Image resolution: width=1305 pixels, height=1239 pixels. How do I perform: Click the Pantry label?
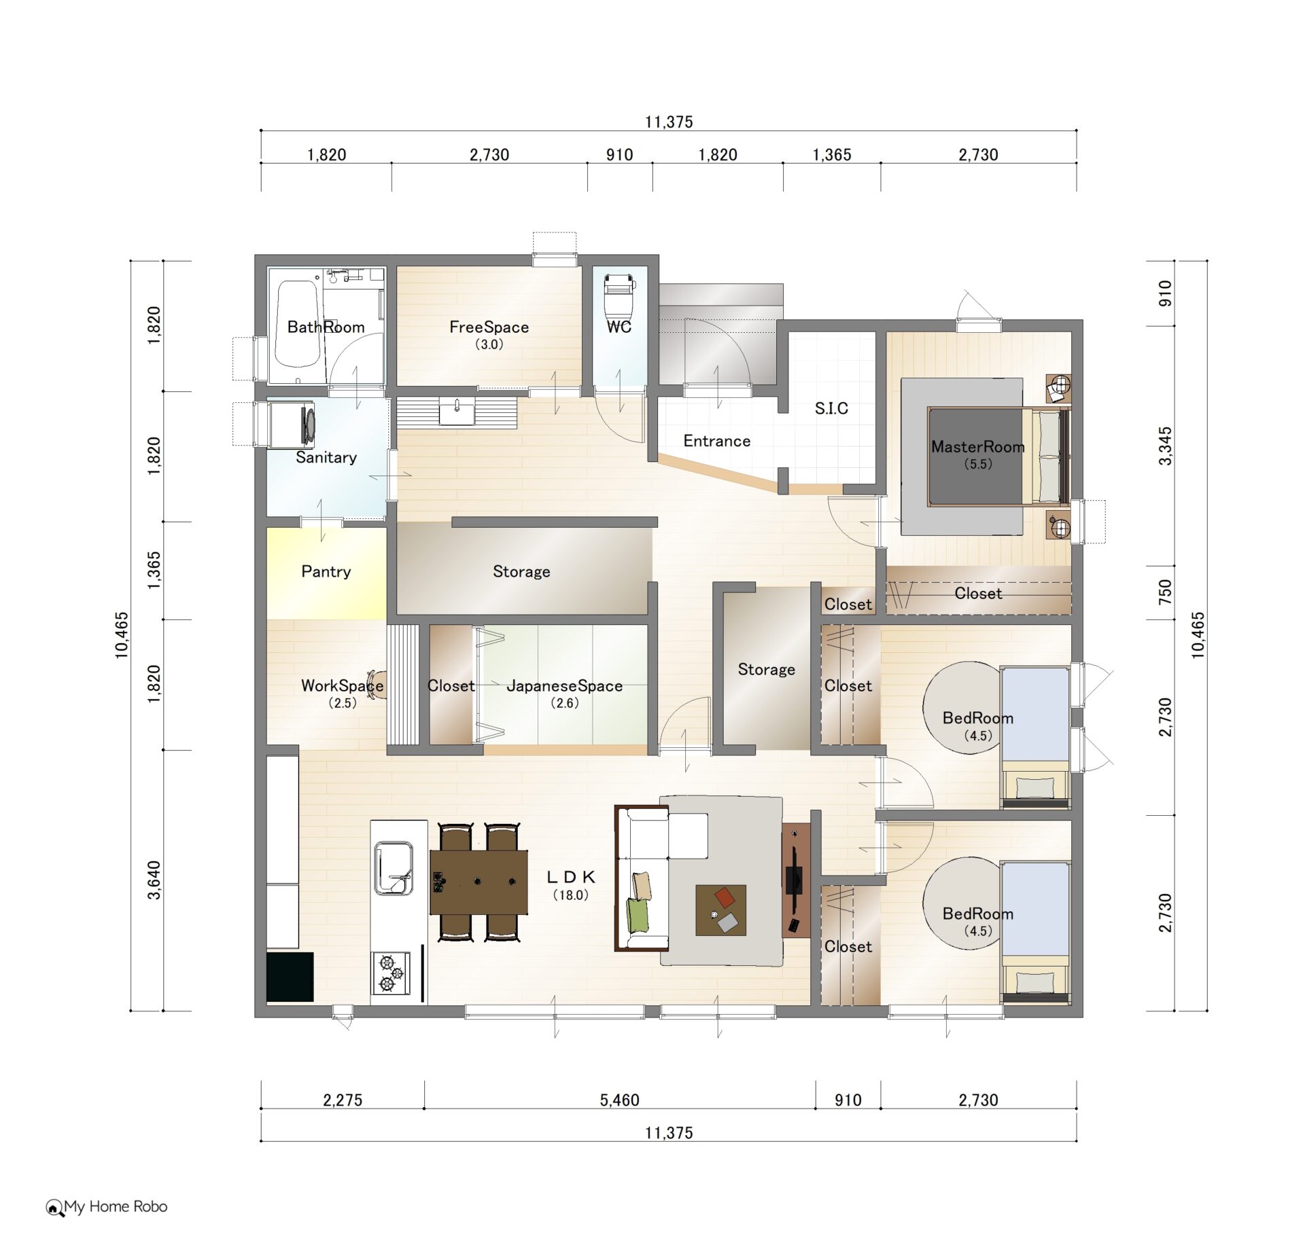click(326, 571)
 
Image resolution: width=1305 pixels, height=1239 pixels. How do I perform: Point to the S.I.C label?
click(831, 408)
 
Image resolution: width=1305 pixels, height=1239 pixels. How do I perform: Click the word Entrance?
click(717, 441)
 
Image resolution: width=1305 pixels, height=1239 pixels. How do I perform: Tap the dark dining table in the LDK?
click(478, 882)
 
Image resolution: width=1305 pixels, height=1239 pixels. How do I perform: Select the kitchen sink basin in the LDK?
click(393, 869)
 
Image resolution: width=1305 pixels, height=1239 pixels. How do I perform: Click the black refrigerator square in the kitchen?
click(290, 977)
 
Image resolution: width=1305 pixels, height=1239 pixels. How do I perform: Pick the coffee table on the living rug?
click(720, 910)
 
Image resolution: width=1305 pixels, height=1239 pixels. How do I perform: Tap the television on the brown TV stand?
click(794, 880)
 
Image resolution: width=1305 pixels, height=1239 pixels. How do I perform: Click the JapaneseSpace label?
click(565, 686)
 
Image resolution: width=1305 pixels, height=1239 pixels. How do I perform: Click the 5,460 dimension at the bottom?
click(619, 1100)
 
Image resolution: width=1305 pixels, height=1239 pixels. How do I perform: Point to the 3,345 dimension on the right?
click(1165, 446)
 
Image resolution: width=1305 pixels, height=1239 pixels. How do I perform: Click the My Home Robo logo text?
click(116, 1206)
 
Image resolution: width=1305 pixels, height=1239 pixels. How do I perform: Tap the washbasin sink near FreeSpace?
click(457, 412)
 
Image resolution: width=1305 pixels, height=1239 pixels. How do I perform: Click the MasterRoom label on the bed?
click(977, 446)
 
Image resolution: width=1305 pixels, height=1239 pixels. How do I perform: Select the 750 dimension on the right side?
click(1165, 592)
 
